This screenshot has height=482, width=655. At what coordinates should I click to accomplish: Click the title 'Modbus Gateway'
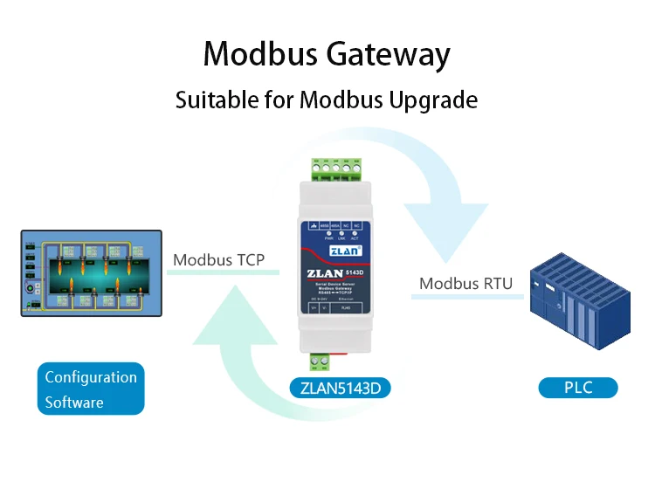coord(327,54)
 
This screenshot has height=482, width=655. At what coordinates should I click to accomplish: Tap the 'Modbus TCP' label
coord(218,259)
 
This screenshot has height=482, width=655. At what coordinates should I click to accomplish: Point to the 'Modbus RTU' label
coord(465,283)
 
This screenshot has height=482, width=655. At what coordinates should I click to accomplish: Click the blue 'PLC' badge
coord(577,387)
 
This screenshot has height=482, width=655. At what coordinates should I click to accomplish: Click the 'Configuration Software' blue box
coord(91,389)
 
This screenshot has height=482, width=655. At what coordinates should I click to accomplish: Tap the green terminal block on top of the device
coord(336,168)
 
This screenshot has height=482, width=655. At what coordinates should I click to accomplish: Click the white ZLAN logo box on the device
coord(340,249)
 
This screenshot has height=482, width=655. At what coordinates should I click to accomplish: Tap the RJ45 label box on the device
coord(346,308)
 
